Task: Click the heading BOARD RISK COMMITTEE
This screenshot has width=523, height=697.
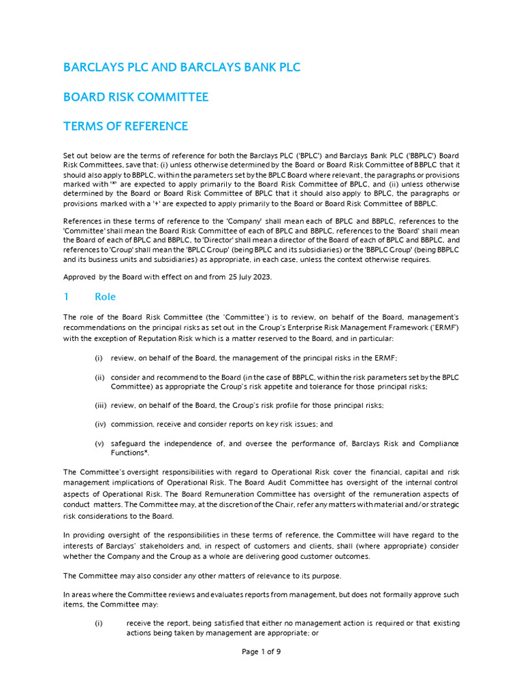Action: pos(136,97)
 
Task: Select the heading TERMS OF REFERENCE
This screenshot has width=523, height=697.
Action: pos(125,126)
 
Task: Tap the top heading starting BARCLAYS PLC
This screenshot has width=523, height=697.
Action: pos(181,67)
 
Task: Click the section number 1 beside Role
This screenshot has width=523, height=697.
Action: pos(66,297)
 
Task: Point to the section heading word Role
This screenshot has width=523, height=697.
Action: pos(105,297)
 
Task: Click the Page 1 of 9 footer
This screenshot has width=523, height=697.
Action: pos(261,651)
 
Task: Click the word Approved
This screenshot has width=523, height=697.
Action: pos(80,277)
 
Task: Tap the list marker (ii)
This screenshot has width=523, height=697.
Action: pos(99,377)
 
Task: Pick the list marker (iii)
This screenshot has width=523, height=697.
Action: pos(101,405)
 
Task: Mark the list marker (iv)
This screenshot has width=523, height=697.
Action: pos(100,424)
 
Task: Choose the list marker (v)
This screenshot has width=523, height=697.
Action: pos(99,443)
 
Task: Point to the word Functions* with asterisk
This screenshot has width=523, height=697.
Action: pos(130,453)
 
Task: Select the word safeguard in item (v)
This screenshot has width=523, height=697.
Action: pos(129,443)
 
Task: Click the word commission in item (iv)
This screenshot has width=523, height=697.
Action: pos(131,424)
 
